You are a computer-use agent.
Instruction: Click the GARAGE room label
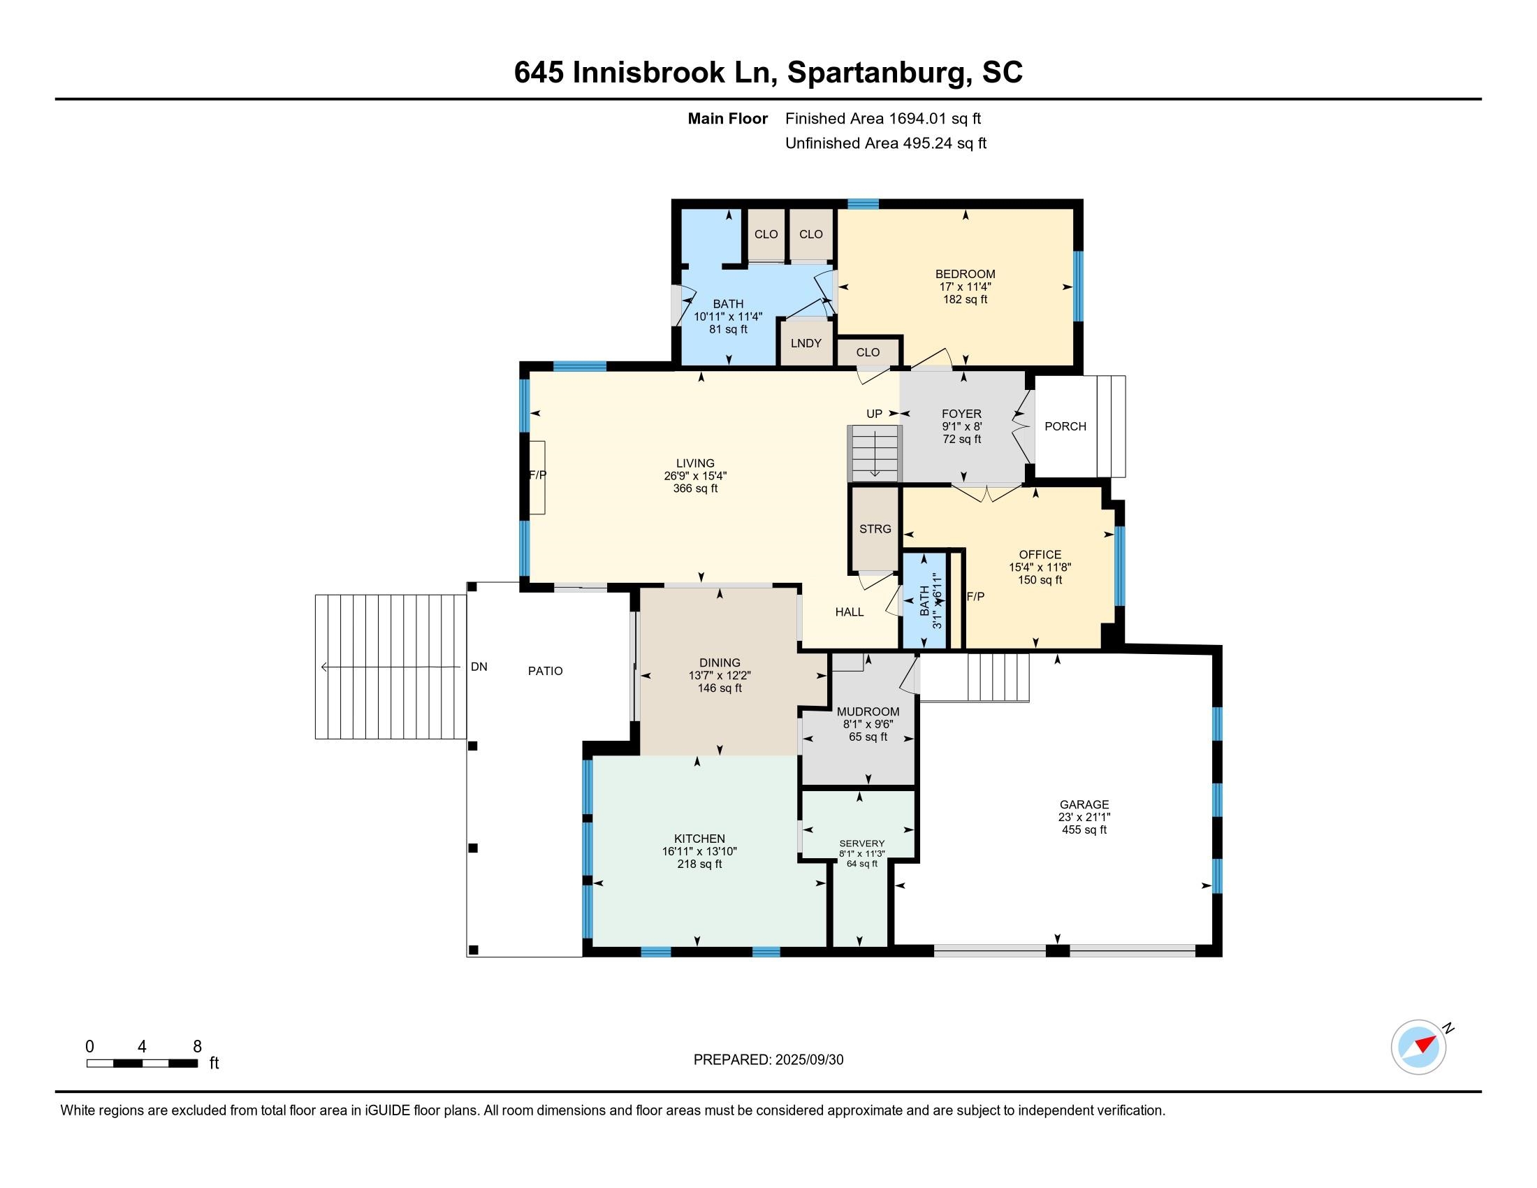click(1084, 804)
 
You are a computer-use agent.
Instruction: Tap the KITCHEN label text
click(699, 839)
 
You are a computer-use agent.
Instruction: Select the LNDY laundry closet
click(806, 342)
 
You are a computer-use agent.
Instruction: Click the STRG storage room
click(875, 528)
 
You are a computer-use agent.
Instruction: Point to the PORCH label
click(1065, 426)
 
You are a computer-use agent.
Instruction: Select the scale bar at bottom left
click(142, 1063)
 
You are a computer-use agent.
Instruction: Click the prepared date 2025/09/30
click(808, 1060)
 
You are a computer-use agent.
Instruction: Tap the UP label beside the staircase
click(874, 414)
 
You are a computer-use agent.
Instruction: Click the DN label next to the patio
click(479, 667)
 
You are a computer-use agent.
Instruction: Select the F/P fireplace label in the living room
click(538, 475)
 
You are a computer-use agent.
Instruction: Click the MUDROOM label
click(868, 711)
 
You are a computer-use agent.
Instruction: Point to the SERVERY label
click(862, 843)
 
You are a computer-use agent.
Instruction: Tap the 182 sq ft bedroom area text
click(965, 299)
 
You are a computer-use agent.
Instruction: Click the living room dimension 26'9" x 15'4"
click(695, 476)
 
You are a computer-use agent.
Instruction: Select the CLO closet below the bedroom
click(868, 352)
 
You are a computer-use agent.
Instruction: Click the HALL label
click(850, 612)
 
